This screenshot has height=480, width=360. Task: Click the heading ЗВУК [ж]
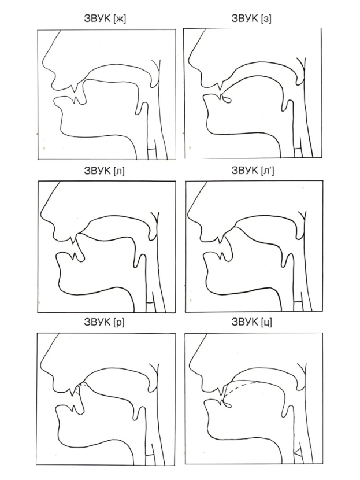(105, 19)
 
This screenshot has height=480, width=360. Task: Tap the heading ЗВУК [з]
(251, 19)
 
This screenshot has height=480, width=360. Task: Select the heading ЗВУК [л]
(104, 171)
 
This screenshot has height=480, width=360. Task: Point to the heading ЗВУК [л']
(253, 171)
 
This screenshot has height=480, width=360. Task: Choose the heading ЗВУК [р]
(104, 322)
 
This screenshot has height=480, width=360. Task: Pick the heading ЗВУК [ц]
(251, 322)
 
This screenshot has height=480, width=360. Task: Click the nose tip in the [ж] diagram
(44, 65)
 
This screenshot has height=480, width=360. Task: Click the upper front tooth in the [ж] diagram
(74, 88)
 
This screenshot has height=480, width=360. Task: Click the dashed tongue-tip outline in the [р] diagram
(79, 389)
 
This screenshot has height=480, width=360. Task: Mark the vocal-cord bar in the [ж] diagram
(152, 150)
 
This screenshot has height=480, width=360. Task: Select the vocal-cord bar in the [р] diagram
(150, 455)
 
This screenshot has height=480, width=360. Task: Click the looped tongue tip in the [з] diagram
(227, 99)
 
